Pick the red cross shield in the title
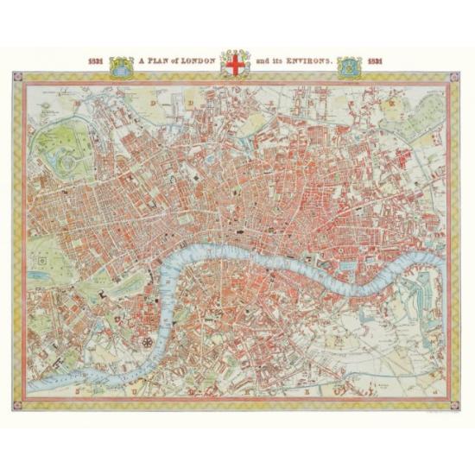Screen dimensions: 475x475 click(x=235, y=63)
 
